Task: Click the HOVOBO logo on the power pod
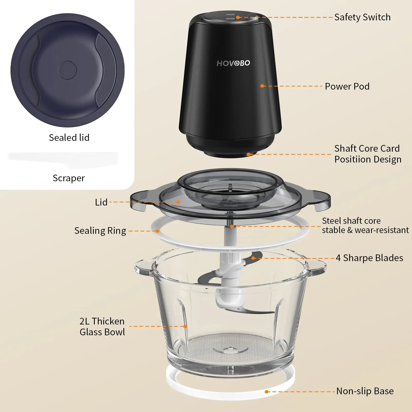[233, 63]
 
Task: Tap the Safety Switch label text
[362, 17]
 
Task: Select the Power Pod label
[347, 86]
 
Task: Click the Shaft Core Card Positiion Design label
[367, 154]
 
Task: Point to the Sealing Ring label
[100, 231]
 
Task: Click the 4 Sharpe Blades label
[369, 258]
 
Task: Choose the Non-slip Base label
[365, 391]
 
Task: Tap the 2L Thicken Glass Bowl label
[102, 327]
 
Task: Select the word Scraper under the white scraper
[69, 178]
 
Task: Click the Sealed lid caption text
[69, 138]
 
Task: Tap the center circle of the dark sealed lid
[67, 70]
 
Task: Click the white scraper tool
[63, 160]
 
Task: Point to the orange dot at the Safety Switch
[238, 17]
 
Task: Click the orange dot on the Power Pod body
[262, 86]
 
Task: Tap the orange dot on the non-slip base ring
[267, 392]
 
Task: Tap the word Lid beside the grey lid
[101, 202]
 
